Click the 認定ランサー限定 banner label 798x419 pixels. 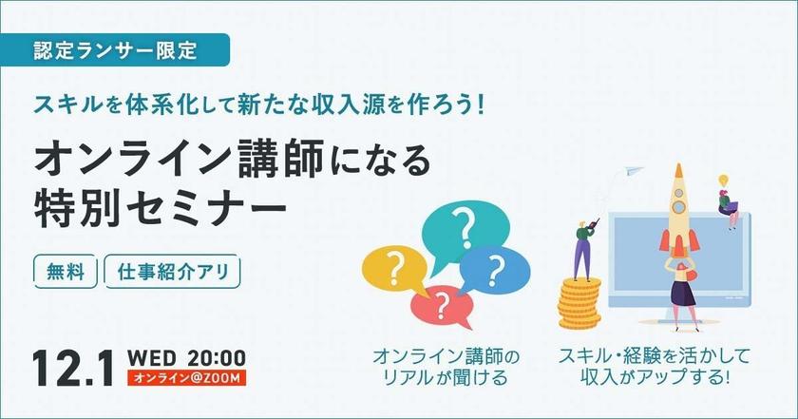tap(115, 50)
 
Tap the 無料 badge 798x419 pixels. tap(66, 272)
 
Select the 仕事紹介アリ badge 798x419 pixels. tap(172, 272)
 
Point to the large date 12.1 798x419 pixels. tap(74, 368)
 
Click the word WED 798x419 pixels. tap(152, 358)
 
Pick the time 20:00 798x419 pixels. tap(217, 358)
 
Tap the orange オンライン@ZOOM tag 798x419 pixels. tap(187, 378)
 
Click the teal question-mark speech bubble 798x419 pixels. tap(465, 229)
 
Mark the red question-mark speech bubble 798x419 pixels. tap(442, 307)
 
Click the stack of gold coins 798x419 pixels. tap(579, 303)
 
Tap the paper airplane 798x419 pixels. tap(632, 172)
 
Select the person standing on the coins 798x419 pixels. tap(583, 250)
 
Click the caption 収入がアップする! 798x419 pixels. tap(655, 378)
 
